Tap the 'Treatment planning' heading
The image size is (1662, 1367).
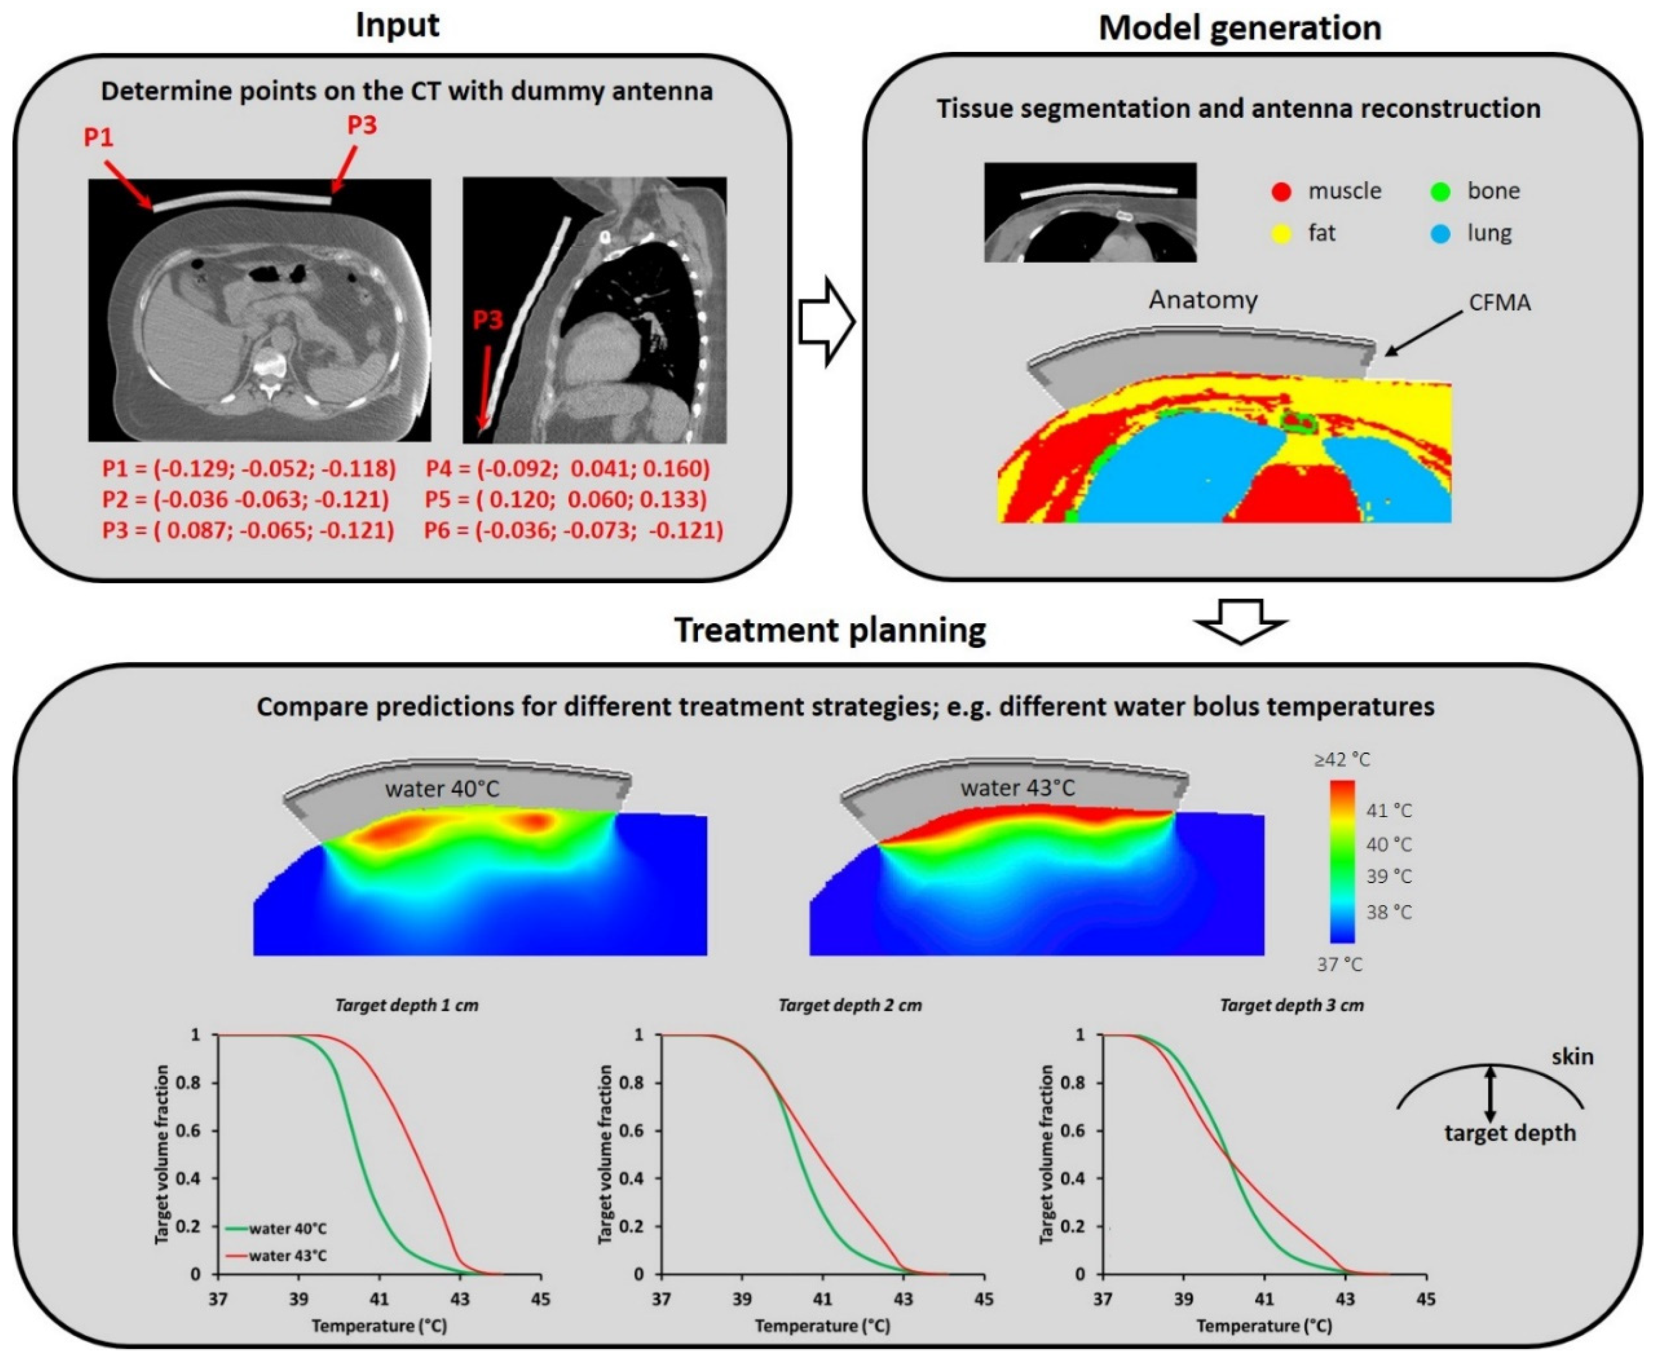(830, 631)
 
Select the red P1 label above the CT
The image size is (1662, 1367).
(98, 138)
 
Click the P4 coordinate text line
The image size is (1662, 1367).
(567, 469)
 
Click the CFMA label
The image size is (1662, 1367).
(1499, 303)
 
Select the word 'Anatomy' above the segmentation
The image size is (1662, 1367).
(1203, 300)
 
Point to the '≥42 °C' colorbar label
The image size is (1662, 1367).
(1341, 760)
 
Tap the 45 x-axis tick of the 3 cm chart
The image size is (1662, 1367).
(1426, 1299)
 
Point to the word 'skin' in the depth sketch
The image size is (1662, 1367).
(1572, 1057)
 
